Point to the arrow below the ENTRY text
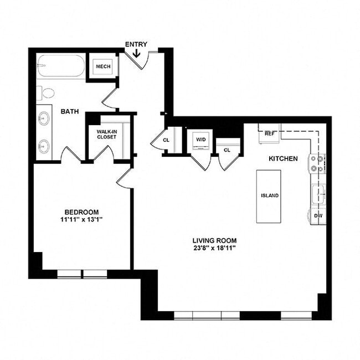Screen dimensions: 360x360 coord(136,53)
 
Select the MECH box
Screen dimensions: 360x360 coord(103,66)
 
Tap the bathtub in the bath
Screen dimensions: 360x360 coord(61,68)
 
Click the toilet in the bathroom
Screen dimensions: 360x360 coord(48,92)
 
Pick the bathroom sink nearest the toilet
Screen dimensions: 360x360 coord(43,118)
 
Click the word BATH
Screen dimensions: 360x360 coord(70,111)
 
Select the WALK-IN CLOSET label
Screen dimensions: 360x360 coord(106,134)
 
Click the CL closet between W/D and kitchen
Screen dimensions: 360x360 coord(227,150)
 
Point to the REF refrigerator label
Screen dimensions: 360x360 coord(270,133)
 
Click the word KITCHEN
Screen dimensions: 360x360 coord(283,158)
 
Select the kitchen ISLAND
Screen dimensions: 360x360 coord(269,196)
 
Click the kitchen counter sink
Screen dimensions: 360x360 coord(317,194)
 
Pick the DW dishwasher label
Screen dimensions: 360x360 coord(318,215)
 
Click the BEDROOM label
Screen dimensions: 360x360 coord(81,212)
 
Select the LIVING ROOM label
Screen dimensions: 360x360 coord(214,240)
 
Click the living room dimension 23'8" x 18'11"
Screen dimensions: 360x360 coord(214,248)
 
